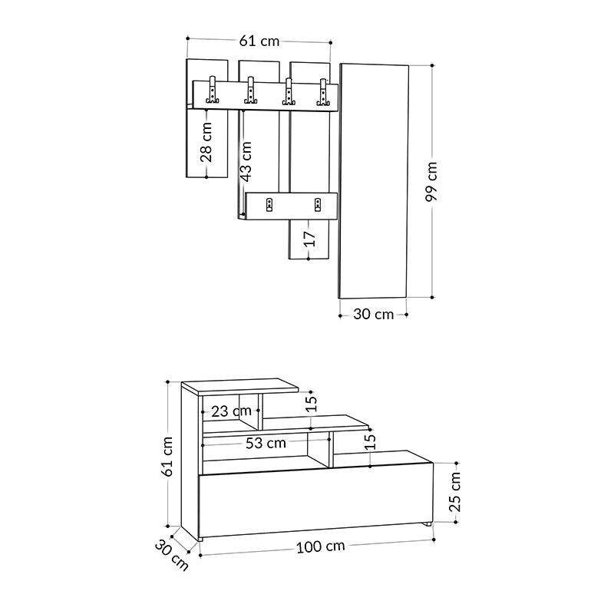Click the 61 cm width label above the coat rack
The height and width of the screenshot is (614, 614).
(259, 41)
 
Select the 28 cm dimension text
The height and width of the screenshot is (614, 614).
(206, 144)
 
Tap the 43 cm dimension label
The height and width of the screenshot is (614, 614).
(246, 160)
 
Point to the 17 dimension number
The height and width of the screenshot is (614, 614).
(309, 239)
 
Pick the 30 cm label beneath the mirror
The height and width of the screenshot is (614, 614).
(373, 313)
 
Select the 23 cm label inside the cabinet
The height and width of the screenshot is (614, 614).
(230, 411)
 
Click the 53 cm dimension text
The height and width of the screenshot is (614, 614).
(266, 443)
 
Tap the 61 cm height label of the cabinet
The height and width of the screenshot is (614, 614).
(167, 456)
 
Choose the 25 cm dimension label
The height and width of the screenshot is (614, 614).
(455, 492)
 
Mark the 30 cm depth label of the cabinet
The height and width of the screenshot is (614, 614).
(171, 555)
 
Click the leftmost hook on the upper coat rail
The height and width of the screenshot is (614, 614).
(214, 92)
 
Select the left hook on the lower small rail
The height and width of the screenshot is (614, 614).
(269, 204)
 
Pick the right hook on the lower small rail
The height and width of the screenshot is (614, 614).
(318, 204)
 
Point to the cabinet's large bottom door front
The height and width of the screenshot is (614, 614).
(315, 499)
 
